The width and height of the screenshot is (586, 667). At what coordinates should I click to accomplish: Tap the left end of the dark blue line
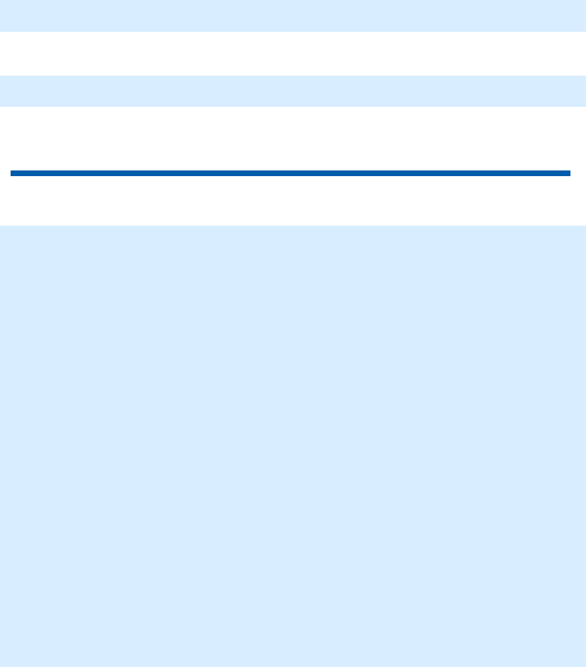tap(12, 173)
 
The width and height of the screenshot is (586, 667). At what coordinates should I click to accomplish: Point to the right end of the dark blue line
tap(568, 173)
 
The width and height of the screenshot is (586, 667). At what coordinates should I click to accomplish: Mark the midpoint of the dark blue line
tap(291, 173)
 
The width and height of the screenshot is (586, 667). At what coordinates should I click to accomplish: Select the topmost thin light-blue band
tap(293, 16)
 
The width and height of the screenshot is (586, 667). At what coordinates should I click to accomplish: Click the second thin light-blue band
tap(293, 91)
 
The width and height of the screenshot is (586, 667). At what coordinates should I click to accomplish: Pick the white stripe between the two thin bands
tap(293, 53)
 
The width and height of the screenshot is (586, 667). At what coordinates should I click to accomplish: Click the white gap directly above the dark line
tap(293, 139)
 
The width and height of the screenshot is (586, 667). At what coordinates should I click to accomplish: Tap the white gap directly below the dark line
tap(293, 201)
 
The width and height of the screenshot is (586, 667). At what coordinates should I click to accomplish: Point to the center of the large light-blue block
tap(293, 446)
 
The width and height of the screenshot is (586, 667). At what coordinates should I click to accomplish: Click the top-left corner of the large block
tap(1, 227)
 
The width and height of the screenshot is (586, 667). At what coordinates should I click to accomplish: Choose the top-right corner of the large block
tap(584, 227)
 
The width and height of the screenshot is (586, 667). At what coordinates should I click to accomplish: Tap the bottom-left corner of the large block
tap(1, 665)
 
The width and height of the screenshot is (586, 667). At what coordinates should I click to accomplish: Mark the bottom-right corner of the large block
tap(584, 665)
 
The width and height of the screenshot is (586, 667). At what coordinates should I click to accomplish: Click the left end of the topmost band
tap(2, 16)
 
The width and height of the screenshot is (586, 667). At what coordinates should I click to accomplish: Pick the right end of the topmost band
tap(583, 16)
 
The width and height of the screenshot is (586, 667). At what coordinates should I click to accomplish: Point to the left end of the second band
tap(2, 91)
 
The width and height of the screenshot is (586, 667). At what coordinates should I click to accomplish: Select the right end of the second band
tap(583, 91)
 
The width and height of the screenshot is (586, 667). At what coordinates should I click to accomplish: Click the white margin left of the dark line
tap(5, 173)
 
